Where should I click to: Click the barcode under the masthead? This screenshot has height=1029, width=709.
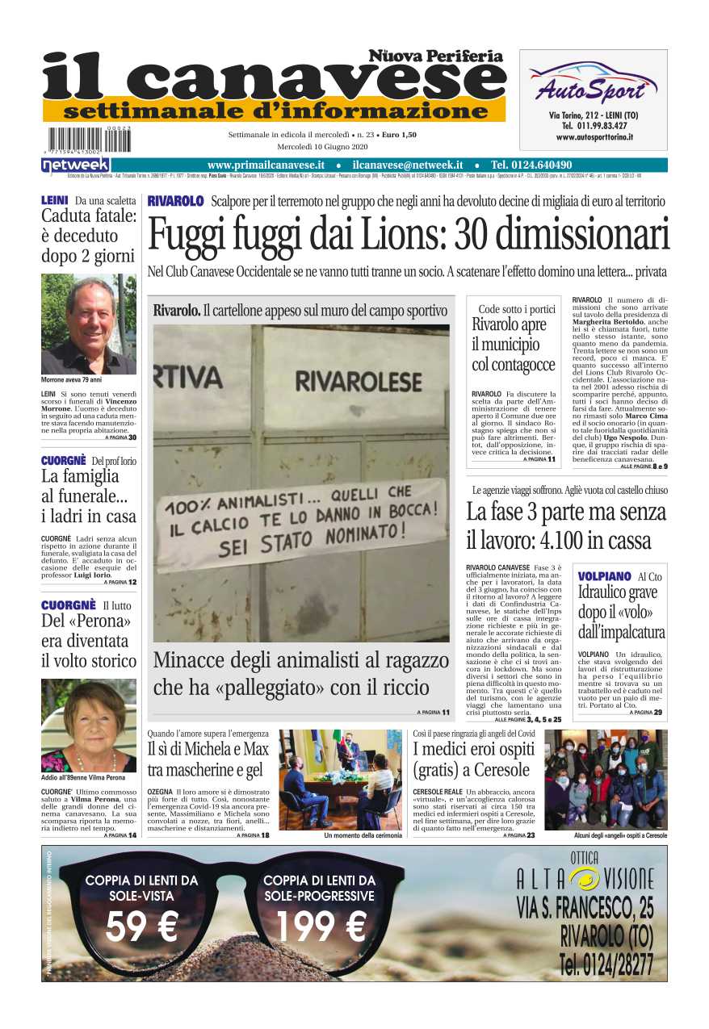89,140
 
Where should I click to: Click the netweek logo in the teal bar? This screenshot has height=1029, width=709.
65,165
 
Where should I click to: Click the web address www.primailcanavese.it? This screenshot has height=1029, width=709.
266,165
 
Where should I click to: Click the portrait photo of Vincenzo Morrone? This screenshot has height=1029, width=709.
89,324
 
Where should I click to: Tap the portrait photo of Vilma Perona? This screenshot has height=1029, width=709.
89,725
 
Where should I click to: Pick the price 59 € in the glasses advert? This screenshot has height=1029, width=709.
141,927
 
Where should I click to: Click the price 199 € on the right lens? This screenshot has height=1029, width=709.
321,927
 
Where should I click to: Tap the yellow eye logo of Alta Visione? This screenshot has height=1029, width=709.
584,879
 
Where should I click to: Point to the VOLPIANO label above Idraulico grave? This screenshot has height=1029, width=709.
605,576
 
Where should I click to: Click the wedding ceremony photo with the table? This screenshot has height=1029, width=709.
341,779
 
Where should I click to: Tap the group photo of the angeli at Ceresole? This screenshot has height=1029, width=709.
606,779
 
